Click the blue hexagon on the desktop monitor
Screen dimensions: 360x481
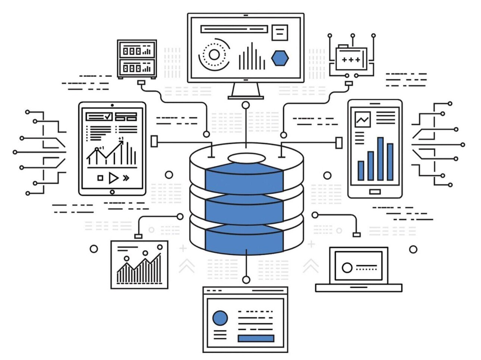click(x=280, y=58)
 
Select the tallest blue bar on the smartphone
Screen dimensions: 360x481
click(x=380, y=159)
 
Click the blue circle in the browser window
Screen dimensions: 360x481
click(x=220, y=318)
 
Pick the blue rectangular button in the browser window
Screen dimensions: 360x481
click(x=256, y=338)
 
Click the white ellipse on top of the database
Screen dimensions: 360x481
click(x=246, y=158)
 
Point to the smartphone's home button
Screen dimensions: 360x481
click(x=375, y=192)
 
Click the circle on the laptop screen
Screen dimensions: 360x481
click(x=347, y=268)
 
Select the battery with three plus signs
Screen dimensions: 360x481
click(x=351, y=59)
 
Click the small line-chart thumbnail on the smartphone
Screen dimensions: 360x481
click(x=362, y=120)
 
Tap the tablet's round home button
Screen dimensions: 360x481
click(x=112, y=192)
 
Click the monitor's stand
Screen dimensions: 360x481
click(x=246, y=91)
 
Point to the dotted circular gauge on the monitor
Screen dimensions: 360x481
click(x=214, y=55)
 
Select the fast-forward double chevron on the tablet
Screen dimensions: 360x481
click(x=126, y=178)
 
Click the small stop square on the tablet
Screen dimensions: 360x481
click(x=100, y=178)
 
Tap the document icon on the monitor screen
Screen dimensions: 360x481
click(x=280, y=33)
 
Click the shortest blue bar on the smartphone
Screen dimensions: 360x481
click(x=361, y=170)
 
